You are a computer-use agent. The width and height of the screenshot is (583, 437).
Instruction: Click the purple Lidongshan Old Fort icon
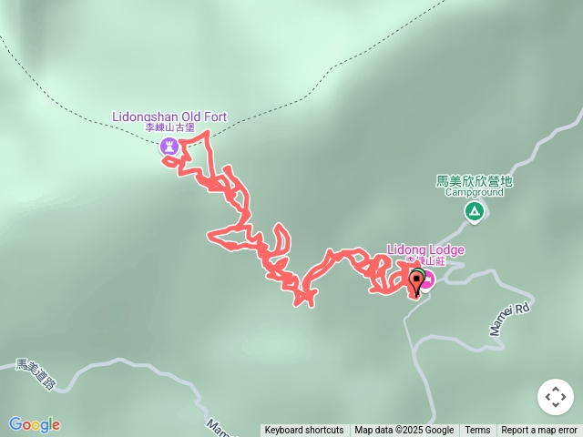point(169,146)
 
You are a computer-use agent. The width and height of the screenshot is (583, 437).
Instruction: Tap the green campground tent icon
point(474,212)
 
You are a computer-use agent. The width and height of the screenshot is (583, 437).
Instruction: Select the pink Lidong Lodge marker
point(427,279)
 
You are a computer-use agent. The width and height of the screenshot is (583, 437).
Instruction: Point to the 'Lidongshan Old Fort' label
point(169,117)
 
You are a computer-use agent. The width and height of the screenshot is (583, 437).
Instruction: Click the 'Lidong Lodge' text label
point(425,250)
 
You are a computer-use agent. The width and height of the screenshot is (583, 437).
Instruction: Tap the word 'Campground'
point(474,193)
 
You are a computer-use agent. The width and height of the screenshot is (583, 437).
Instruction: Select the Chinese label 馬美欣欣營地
point(474,181)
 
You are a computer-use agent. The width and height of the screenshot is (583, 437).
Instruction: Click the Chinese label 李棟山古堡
point(170,128)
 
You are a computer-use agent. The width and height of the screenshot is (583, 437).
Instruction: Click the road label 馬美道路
point(36,374)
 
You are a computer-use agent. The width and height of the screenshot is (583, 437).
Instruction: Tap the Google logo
point(35,424)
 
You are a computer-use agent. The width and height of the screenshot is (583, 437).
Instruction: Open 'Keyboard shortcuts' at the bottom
point(304,431)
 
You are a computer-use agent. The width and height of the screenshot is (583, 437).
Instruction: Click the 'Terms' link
point(477,431)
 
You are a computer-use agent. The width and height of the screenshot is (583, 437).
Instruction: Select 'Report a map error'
point(539,431)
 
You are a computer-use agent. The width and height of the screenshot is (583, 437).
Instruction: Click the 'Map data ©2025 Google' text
point(404,431)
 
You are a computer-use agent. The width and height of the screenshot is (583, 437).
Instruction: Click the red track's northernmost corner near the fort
point(209,133)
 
